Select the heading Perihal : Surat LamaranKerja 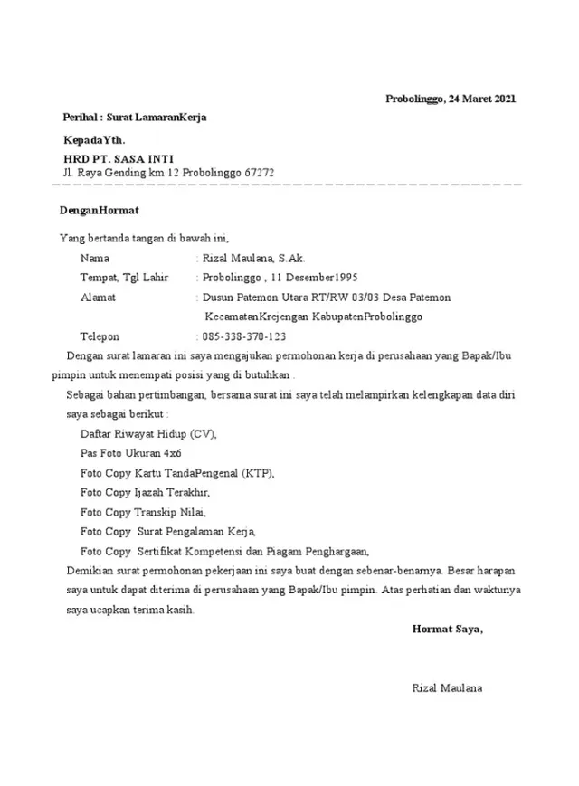(134, 118)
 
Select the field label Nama (94, 258)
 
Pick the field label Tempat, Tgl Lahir (125, 277)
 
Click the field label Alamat (98, 297)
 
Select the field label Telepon (100, 336)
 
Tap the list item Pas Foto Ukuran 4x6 (130, 453)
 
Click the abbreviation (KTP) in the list (255, 473)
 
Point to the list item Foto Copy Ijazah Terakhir (145, 492)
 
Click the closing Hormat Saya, (447, 629)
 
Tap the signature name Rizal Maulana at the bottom (446, 688)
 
